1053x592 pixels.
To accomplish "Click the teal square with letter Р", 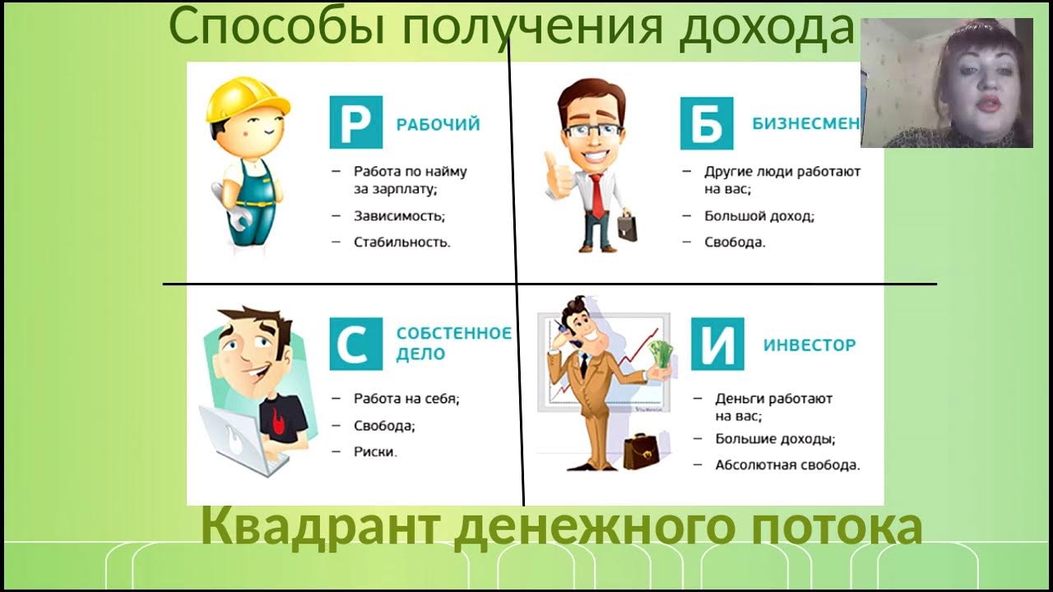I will point(355,123).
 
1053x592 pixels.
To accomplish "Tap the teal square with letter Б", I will point(706,123).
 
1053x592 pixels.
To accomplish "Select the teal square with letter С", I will point(355,344).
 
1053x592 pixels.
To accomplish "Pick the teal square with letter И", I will point(717,344).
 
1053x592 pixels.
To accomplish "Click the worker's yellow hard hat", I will point(248,98).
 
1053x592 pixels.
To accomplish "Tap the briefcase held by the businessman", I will point(627,225).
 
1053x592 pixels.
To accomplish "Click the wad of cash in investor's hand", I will point(660,355).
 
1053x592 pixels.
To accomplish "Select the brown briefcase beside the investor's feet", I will point(642,451).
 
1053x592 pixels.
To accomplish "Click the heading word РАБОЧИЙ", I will point(438,124).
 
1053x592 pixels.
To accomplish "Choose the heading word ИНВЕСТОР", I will point(809,345).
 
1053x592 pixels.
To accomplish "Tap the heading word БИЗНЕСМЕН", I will point(805,123).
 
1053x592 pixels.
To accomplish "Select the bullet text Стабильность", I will point(401,243).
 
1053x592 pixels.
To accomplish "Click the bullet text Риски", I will point(375,451).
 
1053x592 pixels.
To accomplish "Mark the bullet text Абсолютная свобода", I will point(787,465).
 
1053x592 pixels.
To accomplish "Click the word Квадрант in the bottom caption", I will point(321,526).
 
